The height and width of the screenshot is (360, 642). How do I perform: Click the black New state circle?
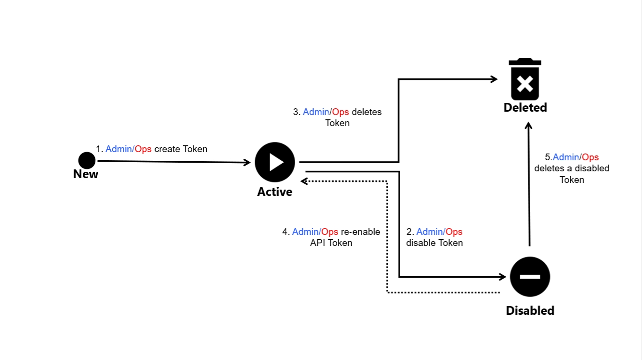[x=87, y=160]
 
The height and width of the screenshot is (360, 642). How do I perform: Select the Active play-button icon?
[x=275, y=162]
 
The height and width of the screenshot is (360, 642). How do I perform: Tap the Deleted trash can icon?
[x=525, y=79]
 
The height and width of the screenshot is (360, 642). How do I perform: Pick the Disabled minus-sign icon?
[x=530, y=277]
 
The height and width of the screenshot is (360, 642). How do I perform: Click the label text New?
[x=86, y=174]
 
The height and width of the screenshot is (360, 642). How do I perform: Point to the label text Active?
[x=275, y=192]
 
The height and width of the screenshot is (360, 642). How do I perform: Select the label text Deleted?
[x=525, y=107]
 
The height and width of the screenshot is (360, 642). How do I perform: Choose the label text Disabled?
[x=530, y=311]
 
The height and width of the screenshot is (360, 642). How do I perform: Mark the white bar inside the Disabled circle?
[x=530, y=277]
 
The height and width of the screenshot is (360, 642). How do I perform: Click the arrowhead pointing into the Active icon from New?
[x=247, y=163]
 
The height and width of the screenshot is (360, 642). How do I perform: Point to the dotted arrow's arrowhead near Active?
[x=303, y=181]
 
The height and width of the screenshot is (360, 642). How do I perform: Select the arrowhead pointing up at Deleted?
[x=528, y=125]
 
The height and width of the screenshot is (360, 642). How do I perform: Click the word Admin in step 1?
[x=118, y=149]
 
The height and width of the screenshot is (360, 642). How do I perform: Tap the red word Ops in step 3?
[x=341, y=112]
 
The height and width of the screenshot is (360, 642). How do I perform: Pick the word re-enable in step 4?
[x=360, y=231]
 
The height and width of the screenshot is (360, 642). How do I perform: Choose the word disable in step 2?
[x=420, y=243]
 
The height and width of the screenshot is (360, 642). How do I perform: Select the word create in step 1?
[x=167, y=149]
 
